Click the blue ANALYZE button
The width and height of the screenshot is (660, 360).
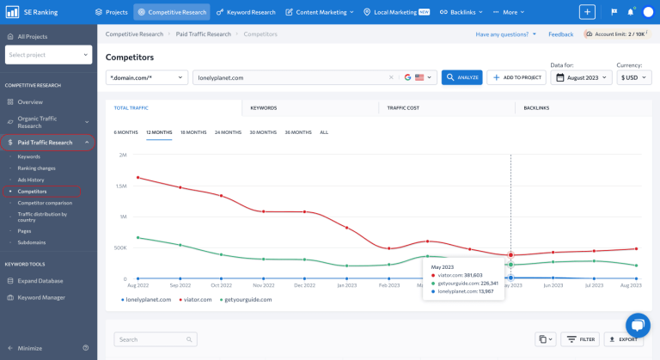pyautogui.click(x=462, y=77)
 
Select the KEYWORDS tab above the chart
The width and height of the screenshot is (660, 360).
pyautogui.click(x=264, y=108)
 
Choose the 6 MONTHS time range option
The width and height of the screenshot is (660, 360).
pyautogui.click(x=125, y=132)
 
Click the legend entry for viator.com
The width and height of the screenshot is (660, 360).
pyautogui.click(x=194, y=300)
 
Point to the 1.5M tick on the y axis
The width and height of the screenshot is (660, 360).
pyautogui.click(x=120, y=186)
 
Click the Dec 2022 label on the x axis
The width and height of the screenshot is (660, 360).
pyautogui.click(x=304, y=284)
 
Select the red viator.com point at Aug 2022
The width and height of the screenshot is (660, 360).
pyautogui.click(x=137, y=178)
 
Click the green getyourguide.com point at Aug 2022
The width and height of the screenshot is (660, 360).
pyautogui.click(x=137, y=238)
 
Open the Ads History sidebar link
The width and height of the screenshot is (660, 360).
pyautogui.click(x=31, y=180)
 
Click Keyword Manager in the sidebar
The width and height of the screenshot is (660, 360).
pyautogui.click(x=40, y=297)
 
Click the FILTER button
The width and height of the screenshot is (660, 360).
pyautogui.click(x=581, y=339)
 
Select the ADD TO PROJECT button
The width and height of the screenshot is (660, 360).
pyautogui.click(x=516, y=77)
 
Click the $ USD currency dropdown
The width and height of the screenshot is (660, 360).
pyautogui.click(x=634, y=77)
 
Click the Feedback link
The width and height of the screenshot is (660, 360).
pyautogui.click(x=560, y=34)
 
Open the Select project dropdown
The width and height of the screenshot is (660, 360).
pyautogui.click(x=48, y=54)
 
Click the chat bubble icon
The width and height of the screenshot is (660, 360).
pyautogui.click(x=637, y=326)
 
